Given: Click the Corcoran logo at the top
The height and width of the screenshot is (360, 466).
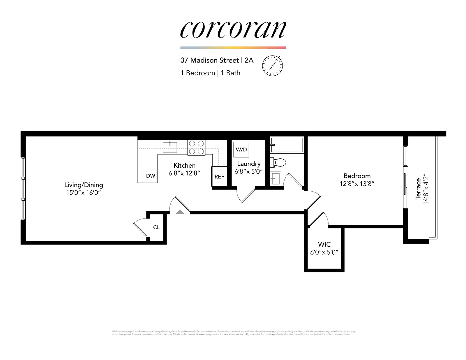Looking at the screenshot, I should (233, 30).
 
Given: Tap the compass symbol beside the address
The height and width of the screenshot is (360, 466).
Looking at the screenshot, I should (272, 66).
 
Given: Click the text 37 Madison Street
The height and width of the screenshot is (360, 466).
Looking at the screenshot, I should (210, 60).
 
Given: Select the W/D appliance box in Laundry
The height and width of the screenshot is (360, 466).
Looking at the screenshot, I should (241, 150).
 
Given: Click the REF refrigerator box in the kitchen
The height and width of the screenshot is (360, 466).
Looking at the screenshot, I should (219, 176).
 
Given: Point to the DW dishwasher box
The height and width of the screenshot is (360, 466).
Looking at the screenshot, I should (151, 175).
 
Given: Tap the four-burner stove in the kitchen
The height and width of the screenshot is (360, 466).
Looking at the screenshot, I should (196, 147).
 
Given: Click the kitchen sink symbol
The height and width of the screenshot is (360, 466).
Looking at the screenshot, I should (170, 147).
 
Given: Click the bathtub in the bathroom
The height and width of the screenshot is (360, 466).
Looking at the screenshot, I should (287, 145).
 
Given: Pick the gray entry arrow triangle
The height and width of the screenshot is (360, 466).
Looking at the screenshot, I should (180, 212).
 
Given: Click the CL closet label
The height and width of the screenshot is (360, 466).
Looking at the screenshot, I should (156, 227).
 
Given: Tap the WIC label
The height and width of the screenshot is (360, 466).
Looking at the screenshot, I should (324, 244).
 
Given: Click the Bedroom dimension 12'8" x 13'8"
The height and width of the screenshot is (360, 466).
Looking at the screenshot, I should (357, 184).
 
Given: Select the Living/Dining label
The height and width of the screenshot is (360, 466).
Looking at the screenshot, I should (84, 185).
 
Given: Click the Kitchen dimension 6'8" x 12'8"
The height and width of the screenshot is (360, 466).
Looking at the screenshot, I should (184, 173).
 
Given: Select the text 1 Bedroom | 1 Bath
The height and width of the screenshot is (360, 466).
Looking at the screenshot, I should (210, 73).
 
